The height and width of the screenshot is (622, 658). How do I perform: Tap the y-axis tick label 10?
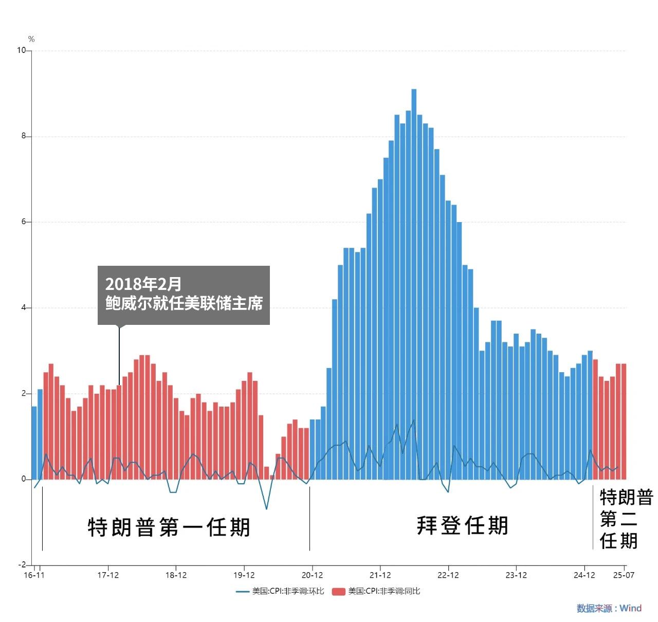pyautogui.click(x=21, y=50)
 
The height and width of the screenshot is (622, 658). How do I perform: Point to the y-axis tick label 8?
pyautogui.click(x=24, y=136)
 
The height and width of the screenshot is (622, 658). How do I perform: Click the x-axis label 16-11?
pyautogui.click(x=34, y=575)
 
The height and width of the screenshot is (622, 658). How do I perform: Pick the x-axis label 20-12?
pyautogui.click(x=312, y=575)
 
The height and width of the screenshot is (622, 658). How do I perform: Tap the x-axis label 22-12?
pyautogui.click(x=448, y=575)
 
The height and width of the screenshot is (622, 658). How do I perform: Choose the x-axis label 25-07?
pyautogui.click(x=624, y=575)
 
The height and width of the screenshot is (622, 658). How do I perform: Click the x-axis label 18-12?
pyautogui.click(x=176, y=575)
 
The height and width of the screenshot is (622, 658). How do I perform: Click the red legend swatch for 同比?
pyautogui.click(x=338, y=592)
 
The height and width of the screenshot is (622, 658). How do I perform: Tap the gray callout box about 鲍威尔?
pyautogui.click(x=184, y=295)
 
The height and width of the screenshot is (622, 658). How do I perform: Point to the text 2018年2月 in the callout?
pyautogui.click(x=143, y=284)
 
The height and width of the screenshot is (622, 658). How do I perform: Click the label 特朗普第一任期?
pyautogui.click(x=169, y=527)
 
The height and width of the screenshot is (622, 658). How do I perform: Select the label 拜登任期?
pyautogui.click(x=463, y=525)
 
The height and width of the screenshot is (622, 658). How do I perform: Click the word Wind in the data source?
pyautogui.click(x=630, y=609)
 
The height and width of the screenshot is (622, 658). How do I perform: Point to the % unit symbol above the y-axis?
pyautogui.click(x=31, y=40)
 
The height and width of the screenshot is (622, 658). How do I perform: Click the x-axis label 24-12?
pyautogui.click(x=584, y=575)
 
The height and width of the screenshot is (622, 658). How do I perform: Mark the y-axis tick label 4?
pyautogui.click(x=24, y=308)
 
